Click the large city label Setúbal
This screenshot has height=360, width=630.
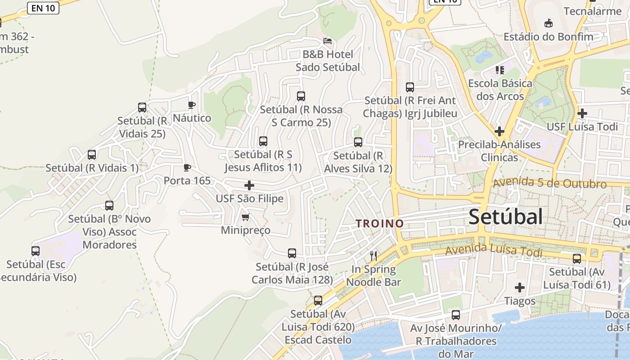(506, 217)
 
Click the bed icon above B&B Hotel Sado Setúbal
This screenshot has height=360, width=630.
(328, 41)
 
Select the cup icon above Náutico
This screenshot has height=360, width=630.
(191, 105)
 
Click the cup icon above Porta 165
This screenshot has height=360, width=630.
(187, 167)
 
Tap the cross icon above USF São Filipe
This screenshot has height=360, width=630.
(249, 185)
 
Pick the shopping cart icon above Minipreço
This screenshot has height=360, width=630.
(245, 217)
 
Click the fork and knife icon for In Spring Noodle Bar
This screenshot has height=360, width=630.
(373, 256)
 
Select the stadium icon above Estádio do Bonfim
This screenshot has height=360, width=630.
(548, 23)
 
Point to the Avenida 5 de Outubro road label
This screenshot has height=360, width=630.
(549, 183)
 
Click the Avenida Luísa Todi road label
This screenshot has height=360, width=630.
(494, 250)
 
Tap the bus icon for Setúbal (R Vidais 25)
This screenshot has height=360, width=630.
(142, 108)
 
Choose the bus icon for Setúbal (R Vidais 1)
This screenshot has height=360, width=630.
(92, 155)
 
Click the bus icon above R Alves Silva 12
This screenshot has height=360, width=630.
(358, 142)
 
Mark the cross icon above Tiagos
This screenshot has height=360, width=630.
(520, 287)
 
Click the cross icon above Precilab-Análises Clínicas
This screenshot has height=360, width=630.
(499, 131)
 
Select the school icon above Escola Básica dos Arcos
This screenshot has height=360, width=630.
(499, 70)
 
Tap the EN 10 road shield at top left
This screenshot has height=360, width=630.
(43, 8)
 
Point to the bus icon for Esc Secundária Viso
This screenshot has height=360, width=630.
(36, 251)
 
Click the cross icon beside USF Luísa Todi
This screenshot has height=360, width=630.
(582, 113)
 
